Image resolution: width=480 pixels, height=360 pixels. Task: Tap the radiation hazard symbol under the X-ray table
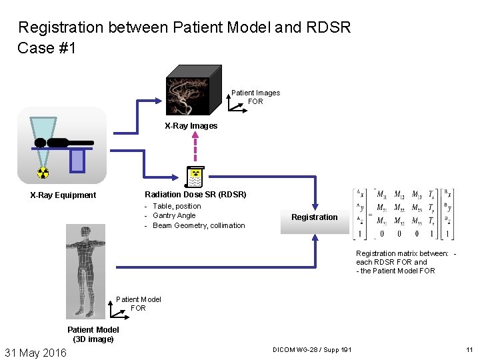pos(43,173)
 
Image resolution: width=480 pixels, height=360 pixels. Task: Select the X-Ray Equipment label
pos(63,195)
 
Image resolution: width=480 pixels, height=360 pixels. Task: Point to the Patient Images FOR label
pos(255,97)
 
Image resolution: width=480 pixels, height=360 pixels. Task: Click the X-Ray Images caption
pos(191,126)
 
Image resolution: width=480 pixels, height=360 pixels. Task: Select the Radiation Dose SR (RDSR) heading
pos(195,195)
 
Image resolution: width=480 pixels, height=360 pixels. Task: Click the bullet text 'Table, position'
pos(177,207)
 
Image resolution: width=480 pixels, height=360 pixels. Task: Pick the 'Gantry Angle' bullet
pos(174,216)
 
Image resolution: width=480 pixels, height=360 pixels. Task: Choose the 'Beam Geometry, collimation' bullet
pos(199,225)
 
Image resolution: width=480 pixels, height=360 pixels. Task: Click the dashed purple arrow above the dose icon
pos(194,149)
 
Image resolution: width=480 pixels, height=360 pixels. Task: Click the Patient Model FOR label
pos(138,304)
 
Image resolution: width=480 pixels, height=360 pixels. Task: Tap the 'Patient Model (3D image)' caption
pos(93,334)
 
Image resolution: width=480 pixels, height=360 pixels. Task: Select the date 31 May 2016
pos(36,352)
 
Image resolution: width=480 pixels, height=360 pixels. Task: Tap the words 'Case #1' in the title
pos(47,48)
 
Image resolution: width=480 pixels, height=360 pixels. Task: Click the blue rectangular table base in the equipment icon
pos(77,160)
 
